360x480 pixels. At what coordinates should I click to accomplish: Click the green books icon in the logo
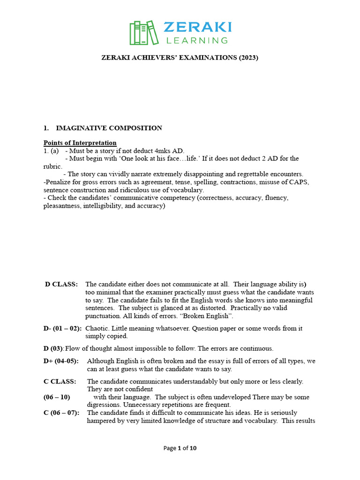click(x=143, y=33)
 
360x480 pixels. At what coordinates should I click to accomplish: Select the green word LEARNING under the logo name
click(x=196, y=40)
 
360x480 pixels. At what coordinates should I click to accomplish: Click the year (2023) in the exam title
click(x=248, y=58)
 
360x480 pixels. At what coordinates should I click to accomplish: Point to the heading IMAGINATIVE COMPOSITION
click(x=109, y=128)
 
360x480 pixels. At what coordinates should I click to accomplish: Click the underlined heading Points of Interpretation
click(x=80, y=143)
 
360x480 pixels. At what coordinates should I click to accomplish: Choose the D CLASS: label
click(x=61, y=284)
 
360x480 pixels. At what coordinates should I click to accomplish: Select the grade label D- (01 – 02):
click(x=62, y=328)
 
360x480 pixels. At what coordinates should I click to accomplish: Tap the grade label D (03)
click(x=53, y=348)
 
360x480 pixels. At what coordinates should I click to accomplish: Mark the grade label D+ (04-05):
click(x=61, y=361)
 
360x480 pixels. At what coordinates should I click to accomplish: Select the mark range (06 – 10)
click(x=57, y=397)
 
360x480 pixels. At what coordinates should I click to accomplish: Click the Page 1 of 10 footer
click(x=180, y=448)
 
